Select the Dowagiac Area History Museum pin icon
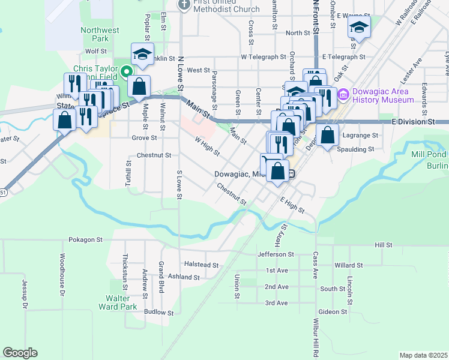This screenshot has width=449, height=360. [x=343, y=94]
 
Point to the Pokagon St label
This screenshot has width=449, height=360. [x=86, y=239]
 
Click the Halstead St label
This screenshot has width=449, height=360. [x=201, y=264]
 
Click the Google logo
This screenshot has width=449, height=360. [x=20, y=353]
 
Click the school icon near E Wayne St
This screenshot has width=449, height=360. [x=359, y=27]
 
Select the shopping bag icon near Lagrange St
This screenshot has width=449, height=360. [x=327, y=136]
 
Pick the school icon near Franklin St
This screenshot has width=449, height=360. [x=142, y=55]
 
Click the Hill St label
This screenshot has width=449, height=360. [x=383, y=245]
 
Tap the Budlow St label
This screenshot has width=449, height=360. [x=159, y=313]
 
